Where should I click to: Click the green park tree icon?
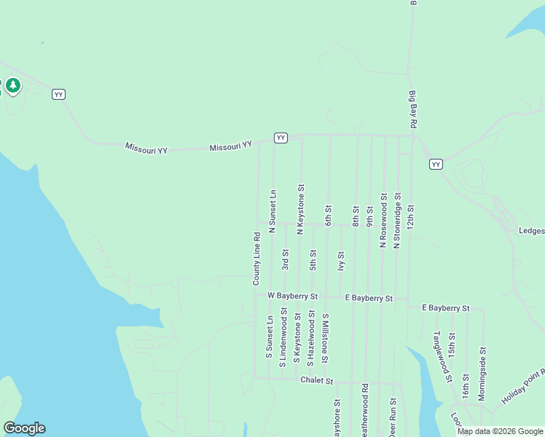tap(12, 86)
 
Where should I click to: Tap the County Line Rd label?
tap(256, 259)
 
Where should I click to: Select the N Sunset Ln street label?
tap(272, 211)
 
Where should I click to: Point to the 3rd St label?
tap(286, 260)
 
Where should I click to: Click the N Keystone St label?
tap(300, 208)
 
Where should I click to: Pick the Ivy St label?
tap(340, 261)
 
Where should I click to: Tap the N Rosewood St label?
tap(383, 220)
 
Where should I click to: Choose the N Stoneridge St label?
tap(396, 220)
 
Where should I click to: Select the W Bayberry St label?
tap(292, 296)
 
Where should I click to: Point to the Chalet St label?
tap(316, 380)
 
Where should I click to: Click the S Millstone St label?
tap(326, 339)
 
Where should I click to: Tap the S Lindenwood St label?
tap(283, 334)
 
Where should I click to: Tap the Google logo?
tap(24, 428)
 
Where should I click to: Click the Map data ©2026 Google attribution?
tap(500, 431)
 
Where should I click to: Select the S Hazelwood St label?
tap(311, 336)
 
